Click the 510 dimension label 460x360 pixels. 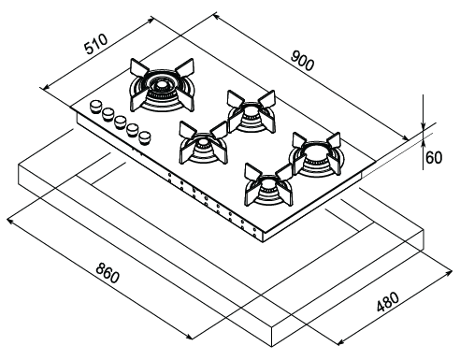click(x=96, y=44)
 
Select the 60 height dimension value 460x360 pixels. click(x=434, y=158)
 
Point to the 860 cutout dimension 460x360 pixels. click(x=108, y=273)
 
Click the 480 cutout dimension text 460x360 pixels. click(x=388, y=302)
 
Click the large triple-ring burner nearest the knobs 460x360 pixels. click(x=162, y=86)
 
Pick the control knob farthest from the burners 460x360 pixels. click(x=95, y=106)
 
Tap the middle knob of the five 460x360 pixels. click(x=120, y=122)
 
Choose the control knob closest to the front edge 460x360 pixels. click(x=145, y=137)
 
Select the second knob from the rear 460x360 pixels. click(x=108, y=114)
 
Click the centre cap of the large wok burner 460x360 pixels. click(x=162, y=84)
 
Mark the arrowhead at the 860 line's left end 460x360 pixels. click(x=10, y=221)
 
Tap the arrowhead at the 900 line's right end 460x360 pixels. click(x=405, y=138)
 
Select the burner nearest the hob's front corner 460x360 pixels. click(x=268, y=186)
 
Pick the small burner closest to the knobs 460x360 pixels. click(x=203, y=144)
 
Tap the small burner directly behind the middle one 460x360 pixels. click(x=252, y=112)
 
